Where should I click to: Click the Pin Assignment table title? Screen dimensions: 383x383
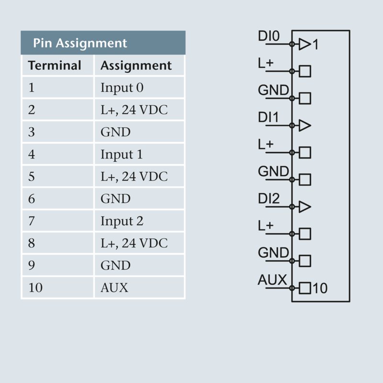click(x=80, y=43)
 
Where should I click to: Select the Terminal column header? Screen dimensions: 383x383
click(x=55, y=66)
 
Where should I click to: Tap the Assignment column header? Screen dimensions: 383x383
click(x=136, y=66)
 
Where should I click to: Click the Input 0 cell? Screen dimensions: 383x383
click(x=122, y=88)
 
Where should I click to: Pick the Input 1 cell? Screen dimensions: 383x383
click(x=122, y=155)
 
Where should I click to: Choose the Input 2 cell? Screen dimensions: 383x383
click(x=122, y=221)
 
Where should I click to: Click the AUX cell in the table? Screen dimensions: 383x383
click(x=114, y=288)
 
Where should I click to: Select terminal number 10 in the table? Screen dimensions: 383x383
click(x=35, y=288)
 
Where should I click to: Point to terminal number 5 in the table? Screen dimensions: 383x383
click(x=32, y=177)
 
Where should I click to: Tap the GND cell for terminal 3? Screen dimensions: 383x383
click(x=115, y=132)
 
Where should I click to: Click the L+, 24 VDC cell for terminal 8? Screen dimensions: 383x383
click(x=134, y=243)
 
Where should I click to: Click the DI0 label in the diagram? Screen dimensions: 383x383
click(x=269, y=36)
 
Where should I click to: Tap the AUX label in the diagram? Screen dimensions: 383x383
click(x=272, y=280)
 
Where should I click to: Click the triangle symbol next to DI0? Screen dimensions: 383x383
click(x=304, y=45)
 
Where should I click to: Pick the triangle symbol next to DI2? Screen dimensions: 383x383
click(x=304, y=207)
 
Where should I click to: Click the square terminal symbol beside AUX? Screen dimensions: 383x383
click(x=305, y=288)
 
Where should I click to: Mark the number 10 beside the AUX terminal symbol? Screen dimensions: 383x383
click(x=320, y=288)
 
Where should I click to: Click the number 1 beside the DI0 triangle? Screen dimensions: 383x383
click(x=315, y=45)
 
